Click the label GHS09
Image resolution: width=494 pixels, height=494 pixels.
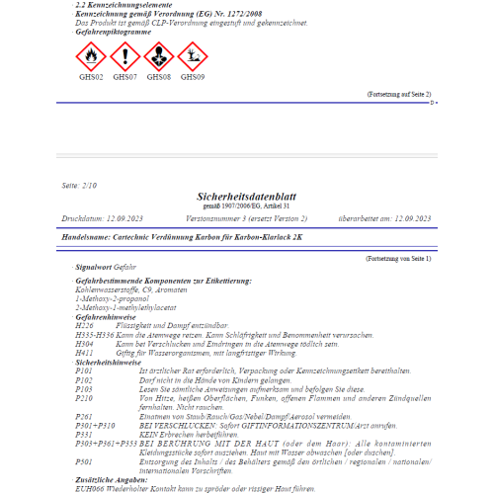pyautogui.click(x=193, y=76)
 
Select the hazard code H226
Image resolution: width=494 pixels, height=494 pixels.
pyautogui.click(x=85, y=323)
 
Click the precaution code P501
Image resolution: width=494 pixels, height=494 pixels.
pyautogui.click(x=84, y=460)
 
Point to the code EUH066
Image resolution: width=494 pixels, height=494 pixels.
pyautogui.click(x=89, y=486)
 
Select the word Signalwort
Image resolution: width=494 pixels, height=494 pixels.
pyautogui.click(x=94, y=267)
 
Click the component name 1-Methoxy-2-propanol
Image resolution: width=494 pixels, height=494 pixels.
pyautogui.click(x=112, y=298)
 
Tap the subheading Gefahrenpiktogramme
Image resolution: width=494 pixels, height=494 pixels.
pyautogui.click(x=110, y=32)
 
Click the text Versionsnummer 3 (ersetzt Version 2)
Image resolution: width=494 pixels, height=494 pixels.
pyautogui.click(x=246, y=217)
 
